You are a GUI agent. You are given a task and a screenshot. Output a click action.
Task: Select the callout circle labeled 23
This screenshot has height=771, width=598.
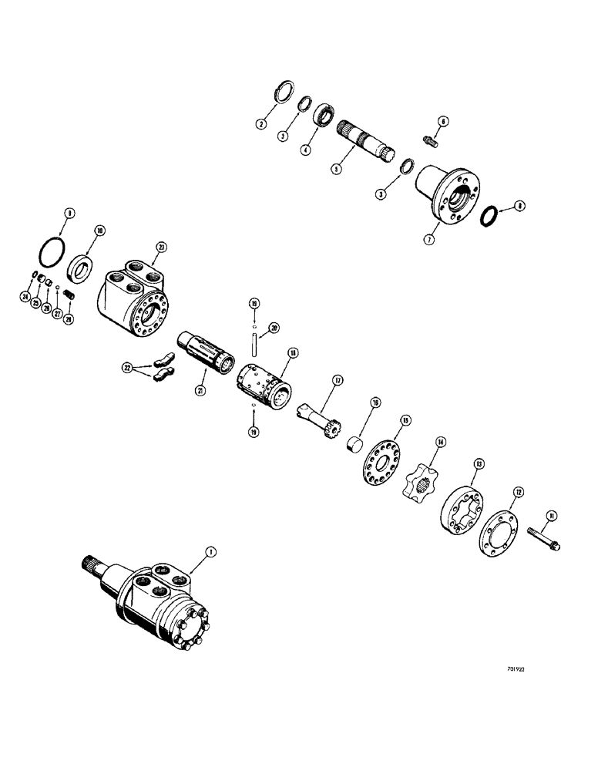pyautogui.click(x=160, y=247)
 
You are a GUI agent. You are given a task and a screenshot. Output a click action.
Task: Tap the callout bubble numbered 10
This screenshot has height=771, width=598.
pyautogui.click(x=100, y=231)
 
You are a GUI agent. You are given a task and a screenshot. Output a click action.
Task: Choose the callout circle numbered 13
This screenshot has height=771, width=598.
pyautogui.click(x=479, y=464)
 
